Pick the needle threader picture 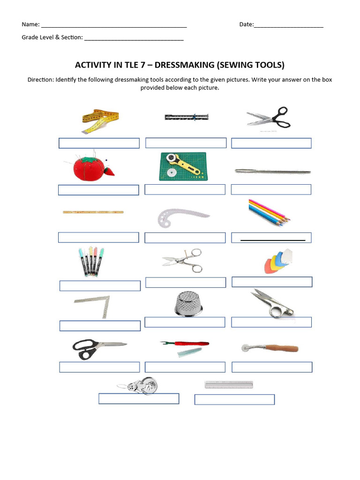138,385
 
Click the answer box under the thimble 185,322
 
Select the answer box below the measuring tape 99,143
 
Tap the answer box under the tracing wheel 272,367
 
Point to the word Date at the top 246,24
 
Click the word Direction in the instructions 41,80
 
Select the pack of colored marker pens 91,262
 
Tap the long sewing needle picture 272,172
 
